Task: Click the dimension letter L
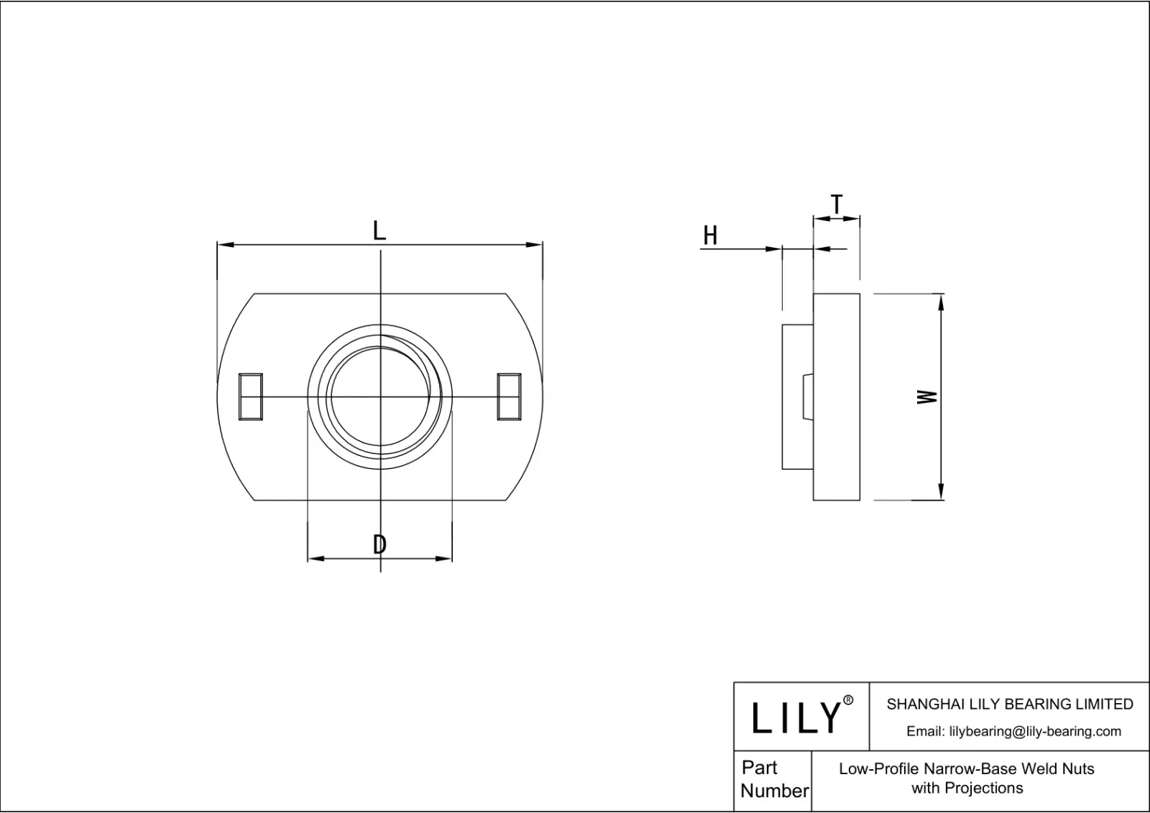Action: click(379, 231)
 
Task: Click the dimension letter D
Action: click(379, 545)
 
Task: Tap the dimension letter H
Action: click(710, 236)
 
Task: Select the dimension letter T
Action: click(837, 205)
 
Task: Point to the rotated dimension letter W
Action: click(928, 396)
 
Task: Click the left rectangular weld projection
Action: click(250, 396)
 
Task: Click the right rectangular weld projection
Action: click(509, 396)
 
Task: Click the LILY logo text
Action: click(796, 717)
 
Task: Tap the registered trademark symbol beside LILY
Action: click(848, 700)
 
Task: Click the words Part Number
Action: click(773, 779)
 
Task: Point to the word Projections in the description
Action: click(983, 788)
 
